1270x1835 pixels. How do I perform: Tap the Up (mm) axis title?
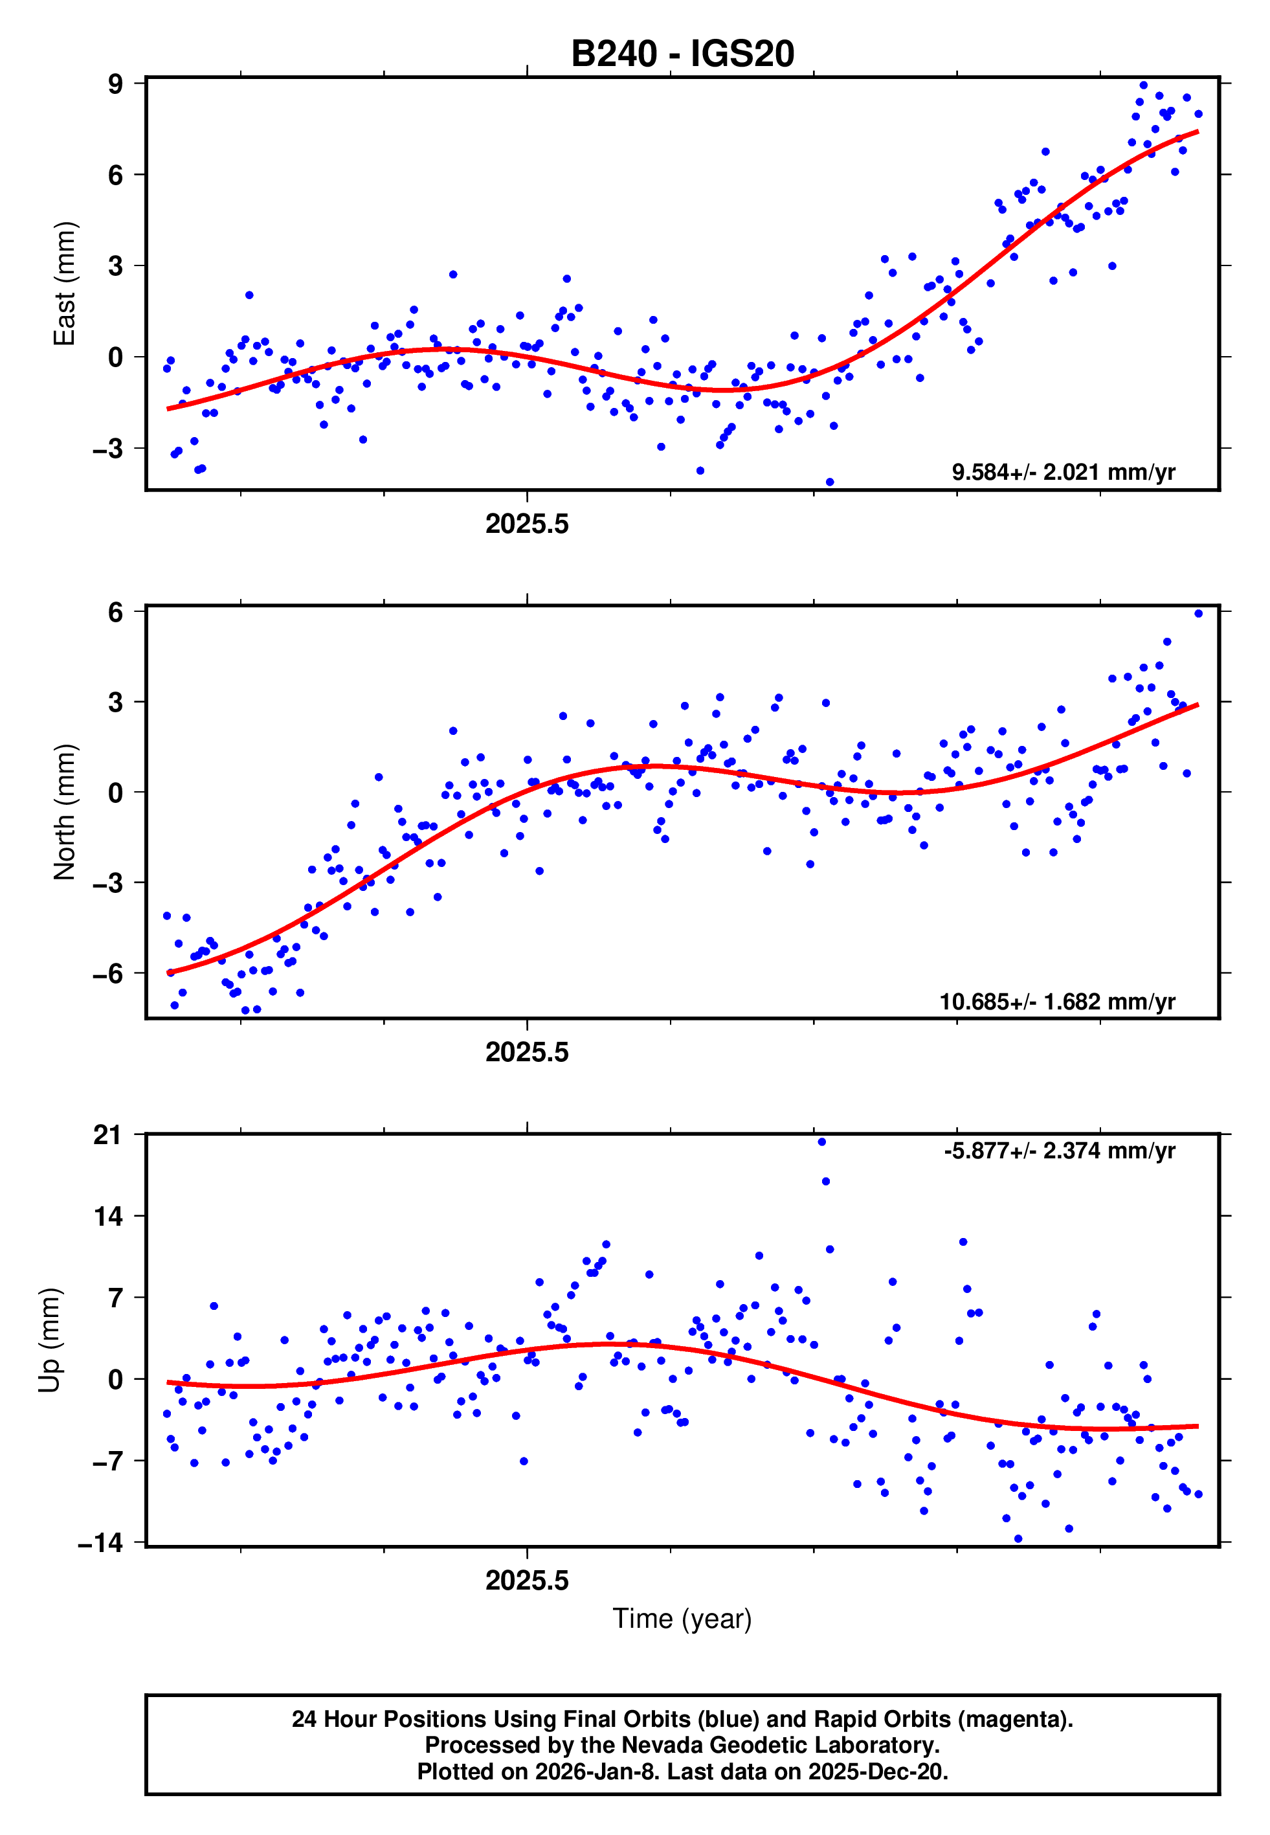pyautogui.click(x=49, y=1340)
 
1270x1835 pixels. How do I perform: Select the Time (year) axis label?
pyautogui.click(x=682, y=1619)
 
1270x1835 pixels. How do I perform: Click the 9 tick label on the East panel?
pyautogui.click(x=115, y=84)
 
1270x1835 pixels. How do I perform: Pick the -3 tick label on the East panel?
pyautogui.click(x=107, y=449)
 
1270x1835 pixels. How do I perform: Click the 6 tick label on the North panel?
pyautogui.click(x=115, y=612)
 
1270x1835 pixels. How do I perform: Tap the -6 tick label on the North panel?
pyautogui.click(x=107, y=973)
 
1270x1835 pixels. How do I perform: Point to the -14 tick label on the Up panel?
pyautogui.click(x=100, y=1543)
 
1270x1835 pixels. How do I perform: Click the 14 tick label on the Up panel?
pyautogui.click(x=107, y=1216)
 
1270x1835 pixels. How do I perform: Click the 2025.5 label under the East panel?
pyautogui.click(x=527, y=524)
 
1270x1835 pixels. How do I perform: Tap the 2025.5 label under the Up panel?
pyautogui.click(x=527, y=1581)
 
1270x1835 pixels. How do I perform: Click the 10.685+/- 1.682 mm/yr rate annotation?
pyautogui.click(x=1057, y=1001)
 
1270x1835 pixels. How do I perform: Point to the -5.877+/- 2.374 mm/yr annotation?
pyautogui.click(x=1059, y=1151)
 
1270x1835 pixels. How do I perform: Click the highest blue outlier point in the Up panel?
pyautogui.click(x=821, y=1142)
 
